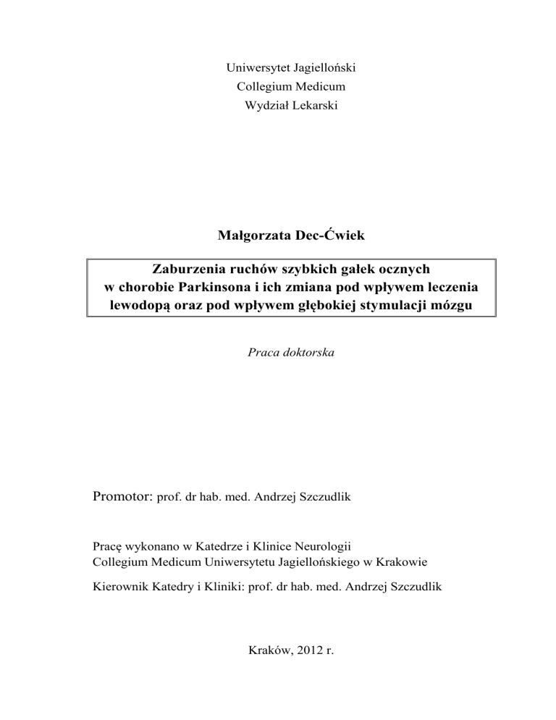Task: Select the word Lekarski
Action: coord(313,106)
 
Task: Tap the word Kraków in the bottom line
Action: coord(266,660)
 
